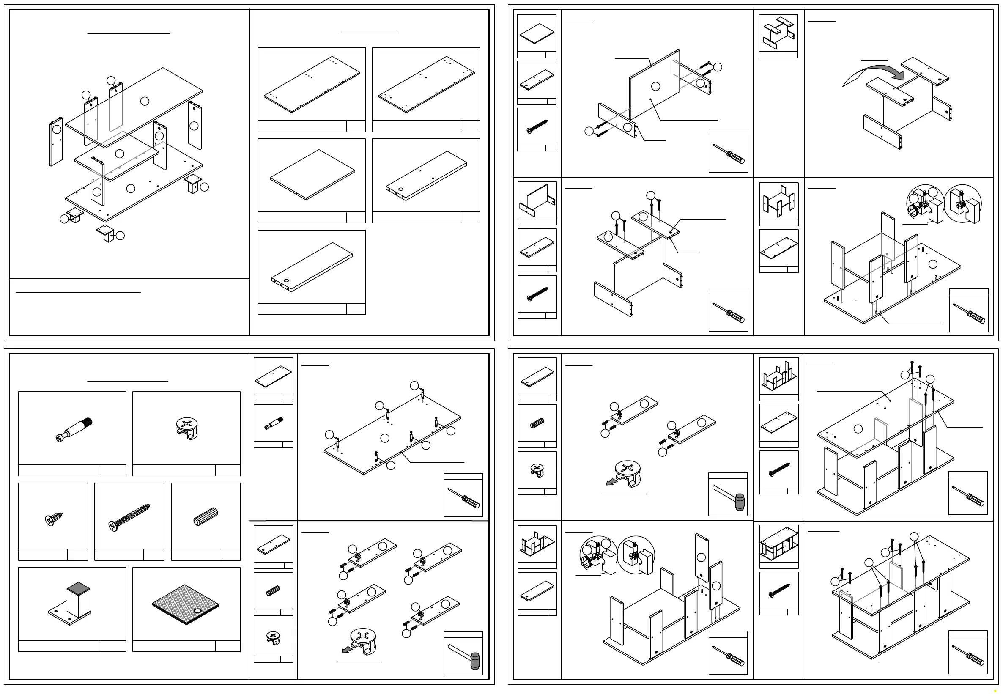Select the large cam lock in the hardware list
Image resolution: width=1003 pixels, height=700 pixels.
pos(187,428)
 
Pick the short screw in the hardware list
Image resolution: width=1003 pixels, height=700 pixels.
pos(53,519)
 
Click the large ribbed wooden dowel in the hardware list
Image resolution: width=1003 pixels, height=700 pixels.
pos(206,516)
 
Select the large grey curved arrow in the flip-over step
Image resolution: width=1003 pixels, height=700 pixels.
pos(874,74)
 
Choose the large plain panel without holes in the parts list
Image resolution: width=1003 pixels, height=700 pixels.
pos(312,174)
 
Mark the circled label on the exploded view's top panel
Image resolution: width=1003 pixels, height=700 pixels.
pos(145,101)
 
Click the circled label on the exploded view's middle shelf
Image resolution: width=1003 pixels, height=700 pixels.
pos(119,154)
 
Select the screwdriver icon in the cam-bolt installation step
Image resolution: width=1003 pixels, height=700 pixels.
pos(463,498)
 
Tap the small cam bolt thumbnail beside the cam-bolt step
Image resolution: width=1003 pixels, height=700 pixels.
pos(274,423)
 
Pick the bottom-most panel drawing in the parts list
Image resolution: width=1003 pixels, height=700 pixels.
pos(312,266)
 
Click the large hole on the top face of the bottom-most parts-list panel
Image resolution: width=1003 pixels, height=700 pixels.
pos(287,280)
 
